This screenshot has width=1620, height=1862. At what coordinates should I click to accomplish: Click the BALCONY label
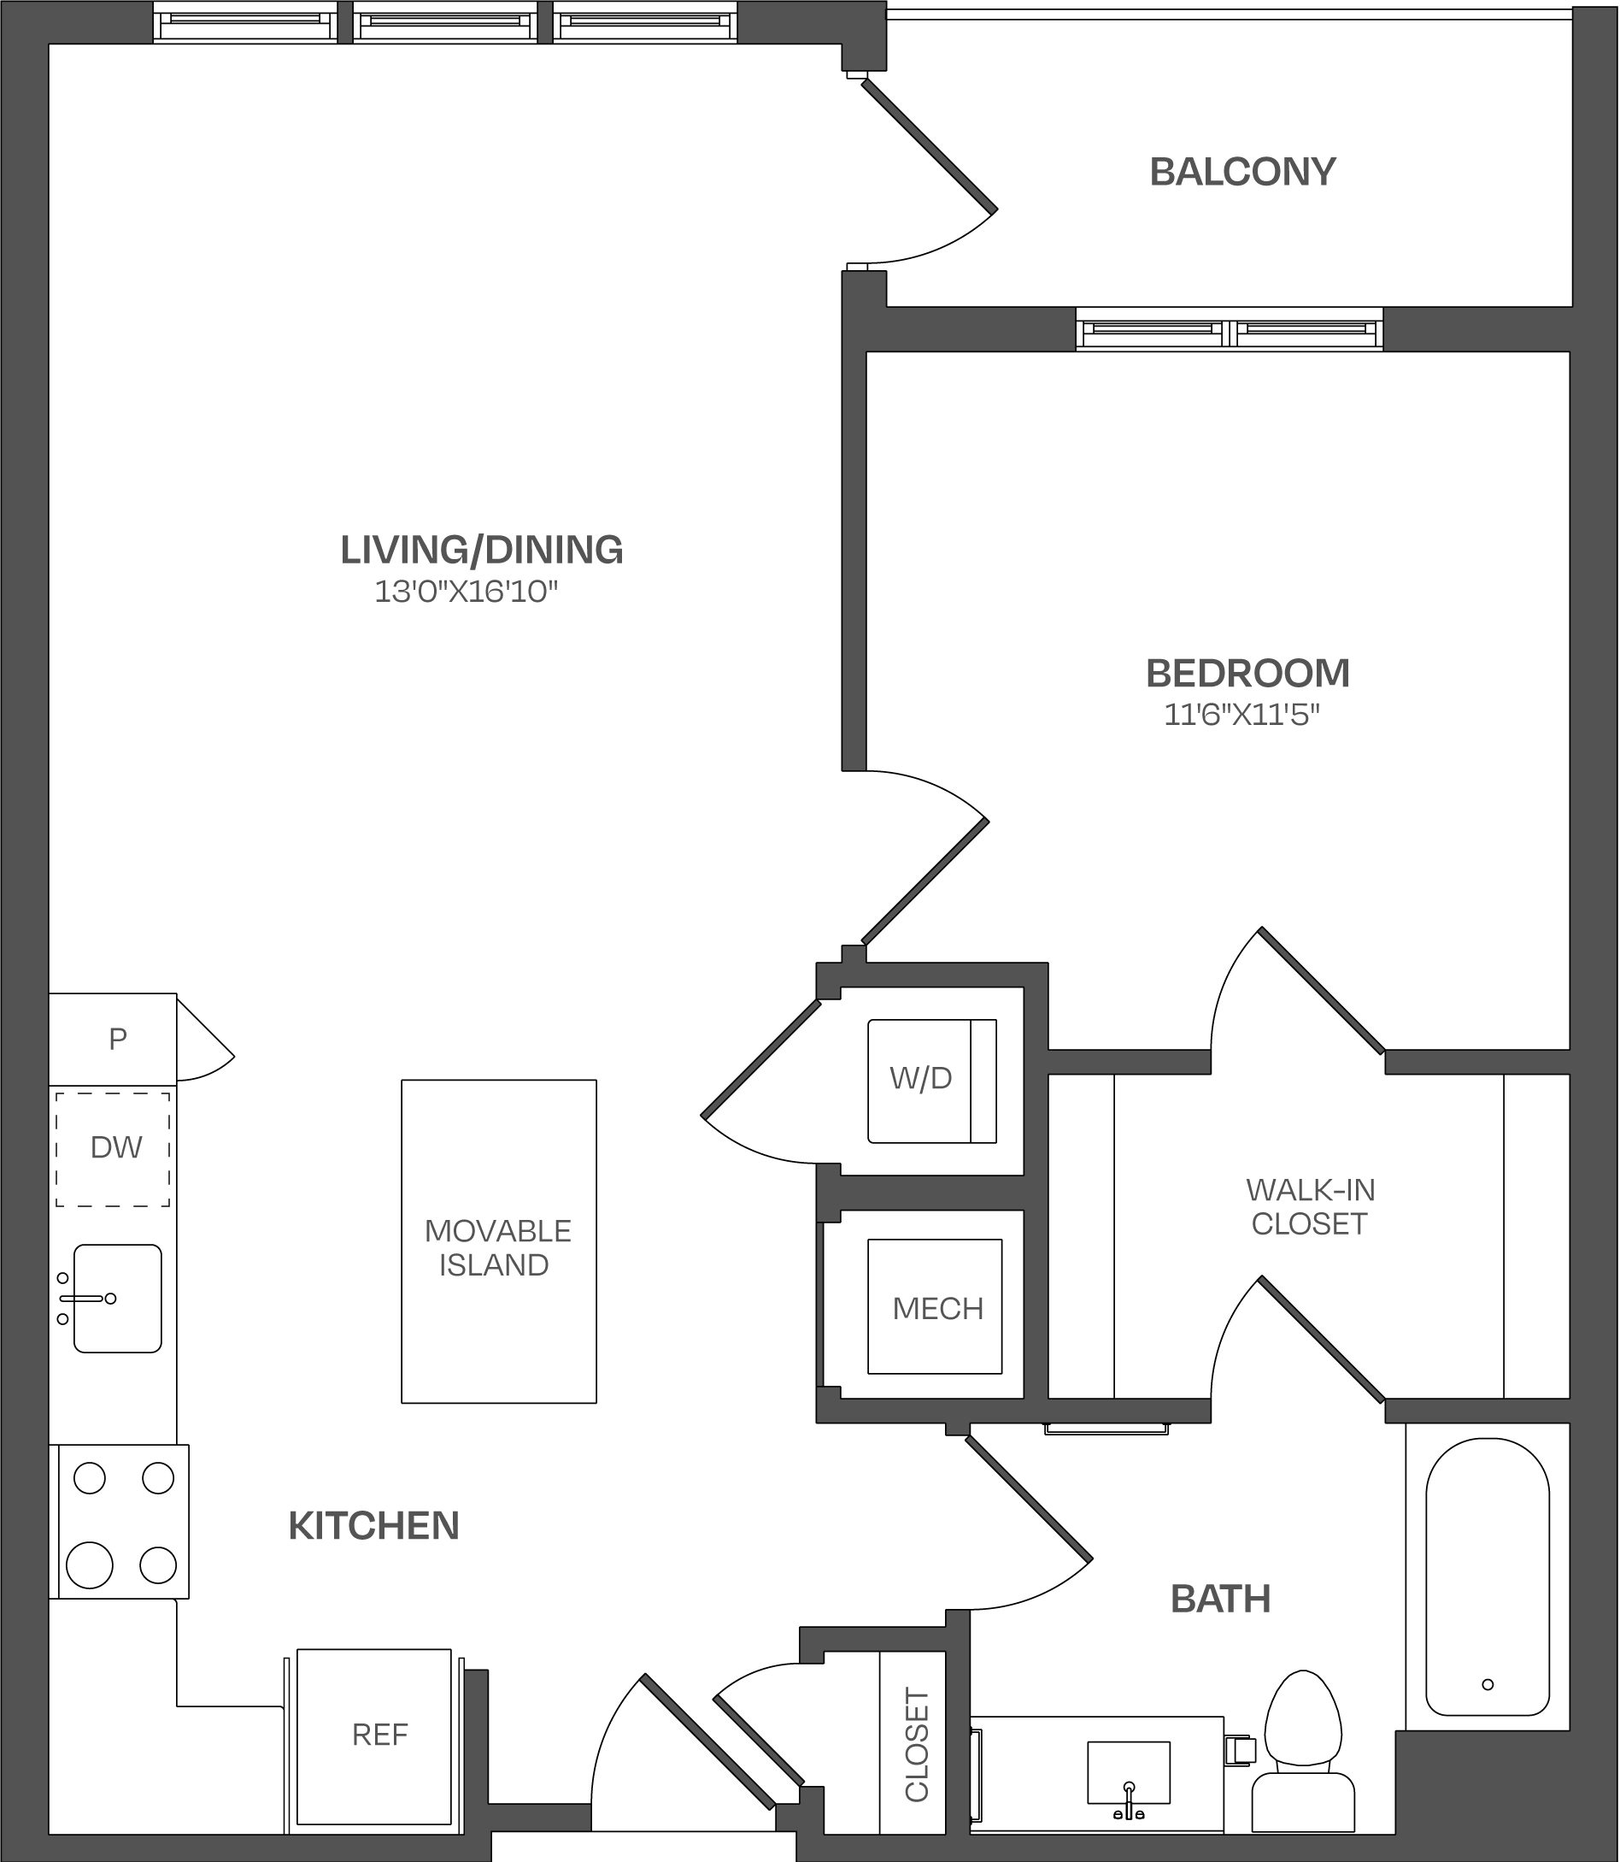(x=1242, y=172)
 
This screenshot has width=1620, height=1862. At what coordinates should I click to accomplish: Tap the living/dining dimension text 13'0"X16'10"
(x=467, y=592)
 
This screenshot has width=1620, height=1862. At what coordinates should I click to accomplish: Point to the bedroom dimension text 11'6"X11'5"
(x=1241, y=716)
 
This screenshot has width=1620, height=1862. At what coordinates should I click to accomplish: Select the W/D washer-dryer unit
(x=931, y=1081)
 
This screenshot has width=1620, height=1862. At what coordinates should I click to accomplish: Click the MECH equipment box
(x=935, y=1307)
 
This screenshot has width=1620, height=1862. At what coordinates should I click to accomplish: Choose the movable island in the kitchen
(x=499, y=1241)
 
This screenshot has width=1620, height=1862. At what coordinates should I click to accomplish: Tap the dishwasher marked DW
(x=113, y=1148)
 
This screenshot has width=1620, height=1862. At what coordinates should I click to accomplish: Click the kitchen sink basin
(x=118, y=1299)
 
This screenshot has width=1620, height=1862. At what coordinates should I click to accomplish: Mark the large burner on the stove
(x=90, y=1565)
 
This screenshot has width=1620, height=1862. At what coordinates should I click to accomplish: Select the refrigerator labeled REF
(x=374, y=1735)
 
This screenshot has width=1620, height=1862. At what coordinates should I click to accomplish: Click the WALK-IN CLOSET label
(x=1310, y=1206)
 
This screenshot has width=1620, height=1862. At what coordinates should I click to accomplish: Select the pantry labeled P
(x=112, y=1038)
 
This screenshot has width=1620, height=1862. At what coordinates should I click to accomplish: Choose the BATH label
(x=1220, y=1599)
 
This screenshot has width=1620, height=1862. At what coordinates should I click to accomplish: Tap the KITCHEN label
(x=373, y=1526)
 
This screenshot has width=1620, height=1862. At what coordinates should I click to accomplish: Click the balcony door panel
(x=930, y=145)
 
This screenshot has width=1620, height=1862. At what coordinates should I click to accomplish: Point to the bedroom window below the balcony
(x=1229, y=328)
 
